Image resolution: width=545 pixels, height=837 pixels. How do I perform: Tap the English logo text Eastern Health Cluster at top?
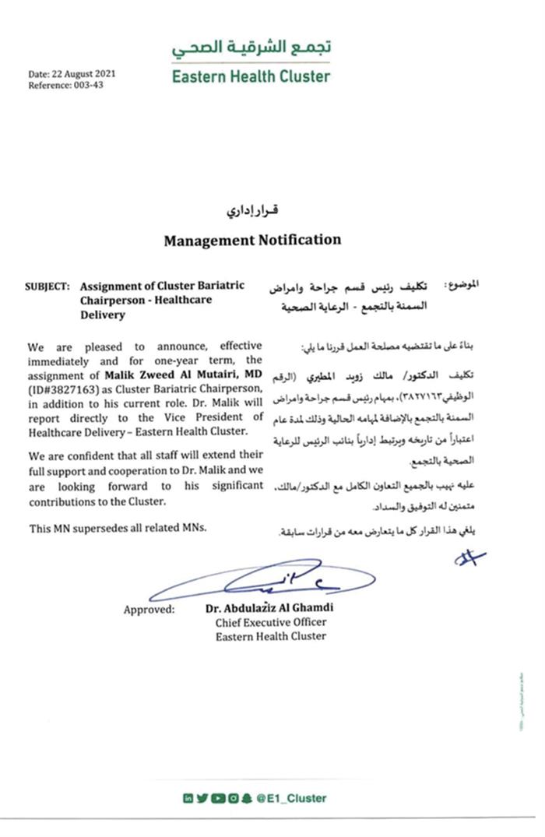[251, 76]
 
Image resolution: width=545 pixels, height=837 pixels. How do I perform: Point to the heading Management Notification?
[252, 240]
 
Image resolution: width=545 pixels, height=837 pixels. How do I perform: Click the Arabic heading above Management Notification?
[252, 212]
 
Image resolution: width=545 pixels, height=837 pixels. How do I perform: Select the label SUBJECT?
[47, 286]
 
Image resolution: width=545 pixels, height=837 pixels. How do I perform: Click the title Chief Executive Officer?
[271, 622]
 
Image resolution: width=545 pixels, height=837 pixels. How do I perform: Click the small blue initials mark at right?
[471, 557]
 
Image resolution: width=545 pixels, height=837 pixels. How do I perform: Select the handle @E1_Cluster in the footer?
[297, 797]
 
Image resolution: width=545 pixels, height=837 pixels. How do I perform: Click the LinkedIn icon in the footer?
[188, 797]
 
